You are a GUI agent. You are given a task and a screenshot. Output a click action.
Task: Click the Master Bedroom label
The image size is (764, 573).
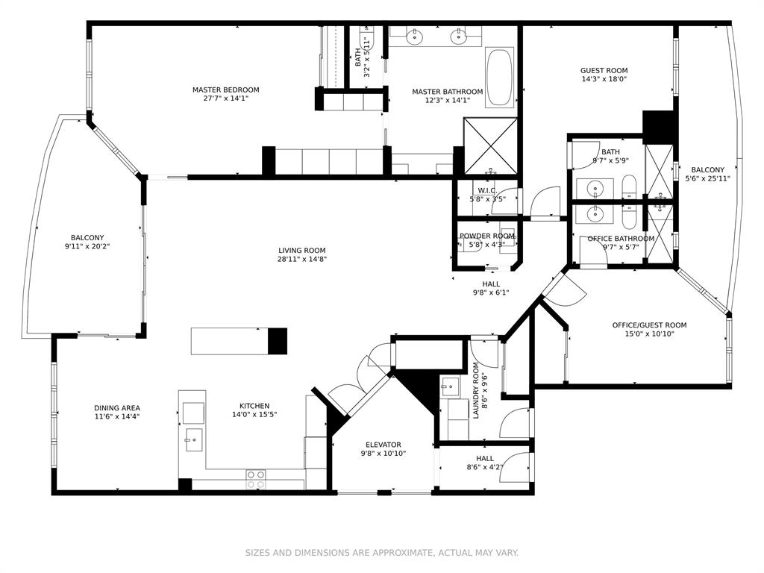(x=225, y=90)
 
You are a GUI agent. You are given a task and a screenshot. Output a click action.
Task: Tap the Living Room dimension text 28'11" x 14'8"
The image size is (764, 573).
(x=302, y=260)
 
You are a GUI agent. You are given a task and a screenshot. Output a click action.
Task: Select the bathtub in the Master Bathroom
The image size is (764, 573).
(x=498, y=78)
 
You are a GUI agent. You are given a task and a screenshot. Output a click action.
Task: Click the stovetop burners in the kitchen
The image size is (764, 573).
(x=256, y=479)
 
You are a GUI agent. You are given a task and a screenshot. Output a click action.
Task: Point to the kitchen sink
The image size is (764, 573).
(x=192, y=440)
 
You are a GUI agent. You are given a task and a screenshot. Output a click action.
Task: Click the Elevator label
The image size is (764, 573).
(x=383, y=445)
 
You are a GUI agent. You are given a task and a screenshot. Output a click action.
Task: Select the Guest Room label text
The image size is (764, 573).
(x=604, y=71)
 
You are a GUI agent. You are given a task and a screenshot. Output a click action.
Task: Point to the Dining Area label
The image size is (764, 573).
(x=117, y=408)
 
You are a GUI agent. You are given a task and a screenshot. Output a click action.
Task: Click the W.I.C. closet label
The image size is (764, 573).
(x=487, y=191)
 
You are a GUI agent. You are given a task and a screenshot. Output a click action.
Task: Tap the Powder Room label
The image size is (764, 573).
(x=487, y=236)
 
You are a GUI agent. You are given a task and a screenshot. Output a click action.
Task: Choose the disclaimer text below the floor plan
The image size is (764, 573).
(x=382, y=553)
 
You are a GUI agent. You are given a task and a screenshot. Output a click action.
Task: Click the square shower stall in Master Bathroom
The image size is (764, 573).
(x=490, y=145)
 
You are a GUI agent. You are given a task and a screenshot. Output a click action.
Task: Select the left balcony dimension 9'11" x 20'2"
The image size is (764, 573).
(x=92, y=246)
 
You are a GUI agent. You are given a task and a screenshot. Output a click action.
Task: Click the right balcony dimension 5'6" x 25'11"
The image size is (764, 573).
(x=707, y=179)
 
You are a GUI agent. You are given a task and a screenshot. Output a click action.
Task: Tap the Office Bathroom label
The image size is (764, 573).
(x=621, y=239)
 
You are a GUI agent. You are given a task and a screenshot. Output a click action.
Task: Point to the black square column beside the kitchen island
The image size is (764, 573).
(x=278, y=341)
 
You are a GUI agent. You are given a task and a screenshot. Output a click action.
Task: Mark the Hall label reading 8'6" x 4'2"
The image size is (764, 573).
(x=484, y=468)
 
